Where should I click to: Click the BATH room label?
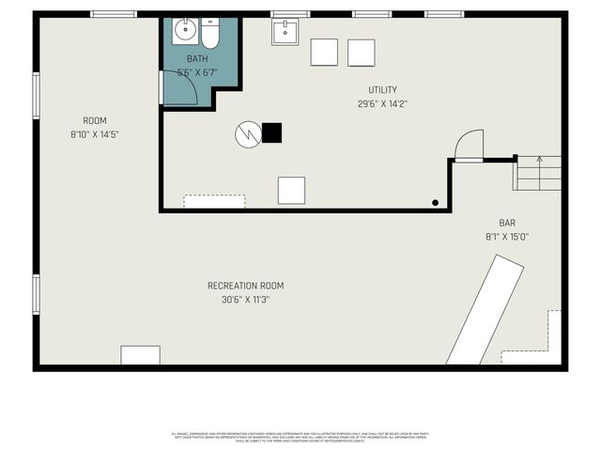coord(197,58)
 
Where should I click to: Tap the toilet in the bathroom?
coord(209,34)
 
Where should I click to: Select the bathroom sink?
coord(184,30)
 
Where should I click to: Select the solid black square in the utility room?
coord(271,132)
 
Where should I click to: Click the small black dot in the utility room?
coord(435,202)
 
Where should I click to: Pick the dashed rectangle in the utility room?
coord(214,201)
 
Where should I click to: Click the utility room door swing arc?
coord(467,145)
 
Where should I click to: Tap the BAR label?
coord(507,223)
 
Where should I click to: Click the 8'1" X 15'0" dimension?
coord(507,237)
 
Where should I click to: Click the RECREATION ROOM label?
coord(245,286)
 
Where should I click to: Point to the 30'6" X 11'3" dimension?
coord(245,301)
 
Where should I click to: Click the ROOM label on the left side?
coord(94,120)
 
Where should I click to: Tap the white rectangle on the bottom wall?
coord(140,355)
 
